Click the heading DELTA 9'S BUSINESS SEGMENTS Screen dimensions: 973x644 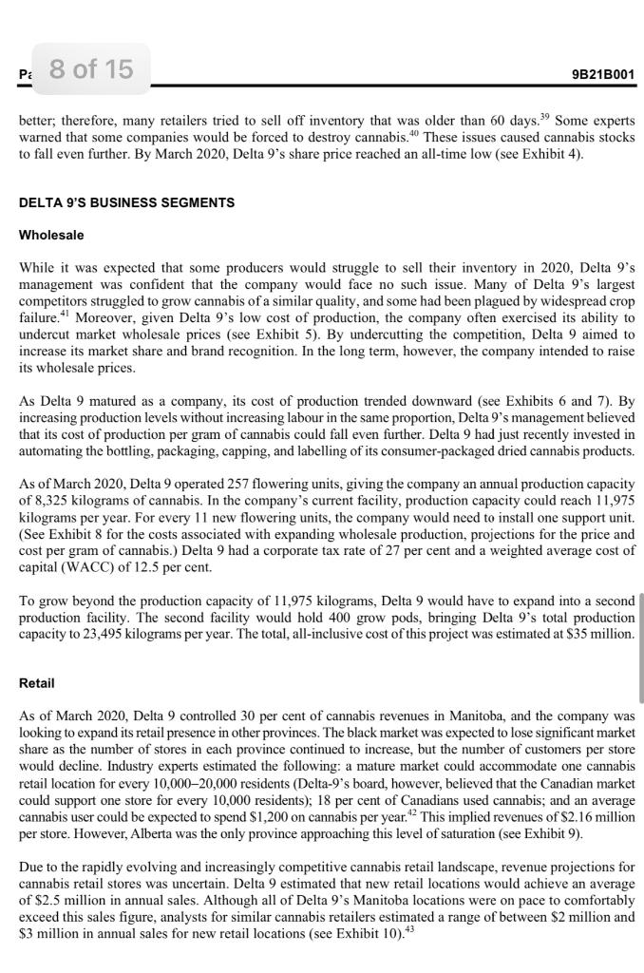tap(126, 203)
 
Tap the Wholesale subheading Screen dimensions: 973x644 tap(51, 235)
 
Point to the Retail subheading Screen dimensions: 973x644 tap(37, 683)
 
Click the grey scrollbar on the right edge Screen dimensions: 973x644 tap(640, 646)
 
